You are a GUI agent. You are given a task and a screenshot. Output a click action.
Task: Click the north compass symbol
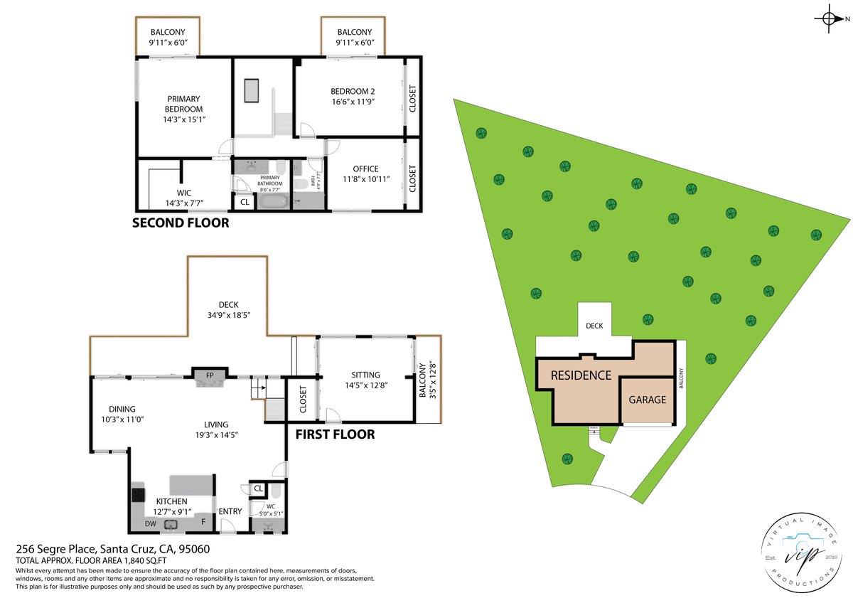click(829, 18)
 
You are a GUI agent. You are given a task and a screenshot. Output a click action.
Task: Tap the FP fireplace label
click(209, 374)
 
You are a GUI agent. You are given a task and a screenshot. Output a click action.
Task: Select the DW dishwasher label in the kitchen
click(151, 523)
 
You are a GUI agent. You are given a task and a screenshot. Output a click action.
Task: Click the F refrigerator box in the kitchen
click(204, 521)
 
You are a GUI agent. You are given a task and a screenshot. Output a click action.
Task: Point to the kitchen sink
click(171, 525)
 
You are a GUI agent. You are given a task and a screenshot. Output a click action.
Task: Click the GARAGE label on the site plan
click(647, 400)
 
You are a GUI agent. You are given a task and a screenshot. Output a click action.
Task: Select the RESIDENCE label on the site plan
click(581, 375)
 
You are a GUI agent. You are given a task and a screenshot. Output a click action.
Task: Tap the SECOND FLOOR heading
click(181, 223)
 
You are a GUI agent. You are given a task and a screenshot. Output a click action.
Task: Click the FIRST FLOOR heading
click(335, 434)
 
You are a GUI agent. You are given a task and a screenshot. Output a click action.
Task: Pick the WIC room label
click(184, 193)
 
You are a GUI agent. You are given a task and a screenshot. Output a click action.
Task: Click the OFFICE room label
click(366, 169)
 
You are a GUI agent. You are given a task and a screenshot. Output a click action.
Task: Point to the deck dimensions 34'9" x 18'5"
click(228, 315)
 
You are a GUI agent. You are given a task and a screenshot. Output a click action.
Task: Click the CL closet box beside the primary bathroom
click(245, 202)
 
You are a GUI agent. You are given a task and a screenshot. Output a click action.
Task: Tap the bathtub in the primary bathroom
click(272, 202)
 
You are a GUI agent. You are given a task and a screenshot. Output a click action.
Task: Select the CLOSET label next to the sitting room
click(302, 400)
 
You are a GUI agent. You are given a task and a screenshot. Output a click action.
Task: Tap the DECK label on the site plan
click(594, 326)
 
